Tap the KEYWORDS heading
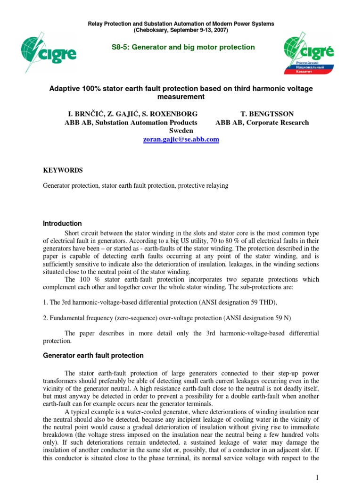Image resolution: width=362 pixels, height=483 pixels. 63,170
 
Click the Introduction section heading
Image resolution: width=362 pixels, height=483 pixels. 62,224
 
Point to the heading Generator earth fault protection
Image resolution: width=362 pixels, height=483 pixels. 93,355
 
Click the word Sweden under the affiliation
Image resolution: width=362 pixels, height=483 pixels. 181,131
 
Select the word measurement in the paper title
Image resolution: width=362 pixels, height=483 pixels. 181,97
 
